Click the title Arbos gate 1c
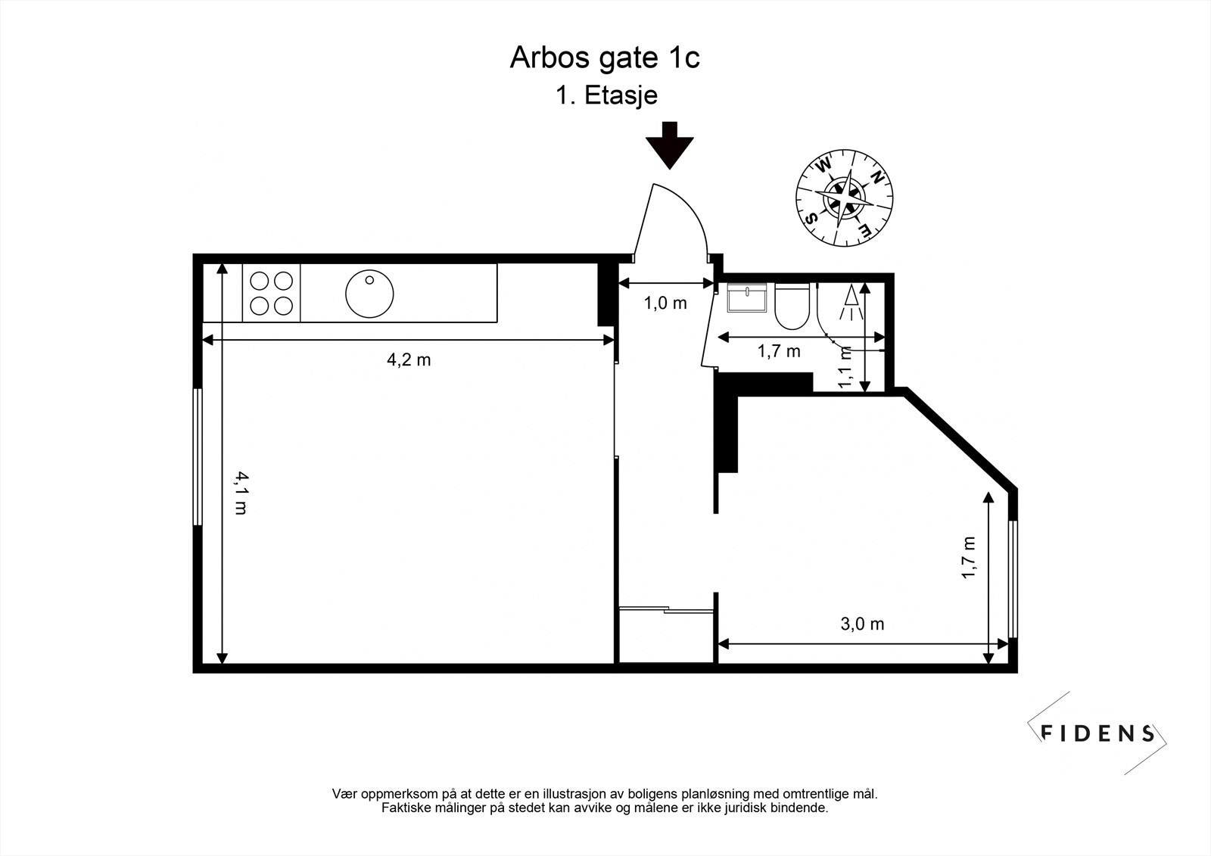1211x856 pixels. [x=604, y=58]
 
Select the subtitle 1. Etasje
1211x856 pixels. [x=605, y=96]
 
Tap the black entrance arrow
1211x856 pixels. [x=670, y=145]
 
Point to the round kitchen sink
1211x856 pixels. [x=369, y=294]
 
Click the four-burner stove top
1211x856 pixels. [x=272, y=293]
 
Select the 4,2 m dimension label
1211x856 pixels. [x=409, y=360]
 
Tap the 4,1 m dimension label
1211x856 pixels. [x=240, y=493]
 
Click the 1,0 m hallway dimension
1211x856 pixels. [x=665, y=303]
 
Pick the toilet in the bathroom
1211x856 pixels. [x=792, y=307]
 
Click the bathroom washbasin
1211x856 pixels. [x=747, y=297]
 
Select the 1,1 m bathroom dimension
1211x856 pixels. [x=846, y=367]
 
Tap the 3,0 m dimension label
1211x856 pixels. [x=862, y=624]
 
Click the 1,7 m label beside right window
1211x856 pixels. [x=968, y=558]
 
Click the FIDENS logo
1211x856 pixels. [x=1097, y=733]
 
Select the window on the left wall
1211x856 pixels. [x=198, y=456]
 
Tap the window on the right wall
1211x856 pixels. [x=1013, y=579]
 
